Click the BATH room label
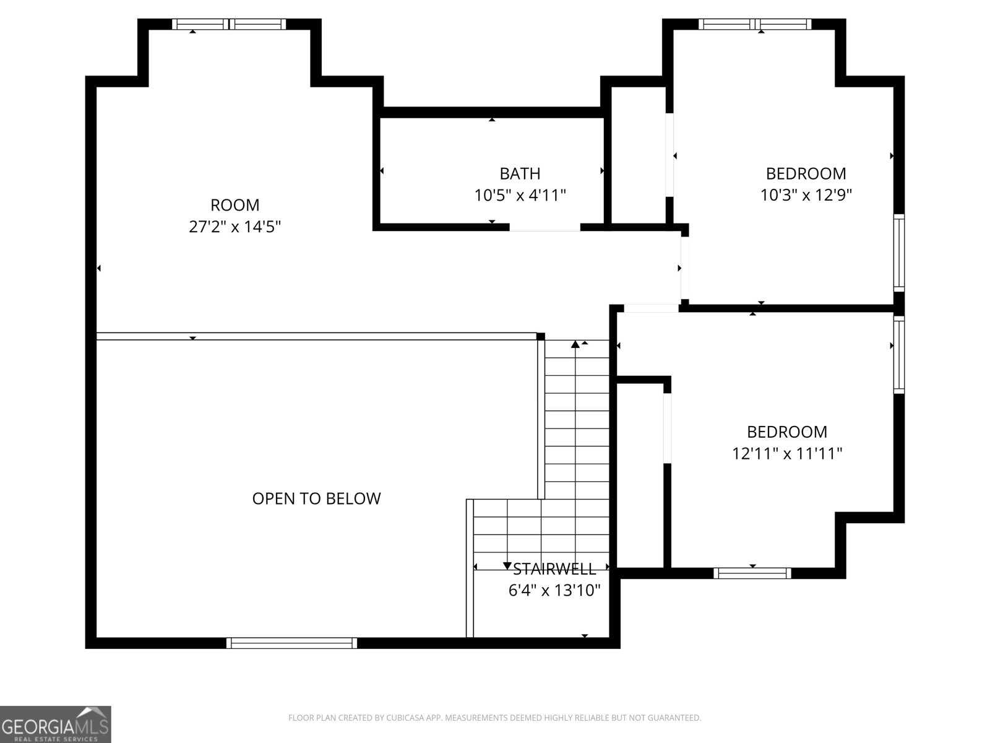click(520, 173)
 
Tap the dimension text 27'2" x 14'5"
click(235, 226)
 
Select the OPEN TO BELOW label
click(316, 498)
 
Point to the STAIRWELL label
click(554, 569)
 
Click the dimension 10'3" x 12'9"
click(806, 195)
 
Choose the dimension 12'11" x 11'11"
click(787, 453)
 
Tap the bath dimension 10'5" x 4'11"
click(520, 195)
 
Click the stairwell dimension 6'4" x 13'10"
click(554, 590)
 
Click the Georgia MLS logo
click(56, 724)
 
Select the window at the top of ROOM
click(229, 24)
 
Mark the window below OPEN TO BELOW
click(291, 643)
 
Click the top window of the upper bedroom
click(754, 24)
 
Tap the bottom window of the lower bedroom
click(752, 573)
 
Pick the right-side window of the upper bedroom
click(899, 253)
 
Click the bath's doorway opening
click(544, 227)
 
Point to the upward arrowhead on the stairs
click(575, 344)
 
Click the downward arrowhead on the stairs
click(507, 565)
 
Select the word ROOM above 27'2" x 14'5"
click(235, 206)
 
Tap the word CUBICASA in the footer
click(404, 717)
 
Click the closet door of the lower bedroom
click(667, 428)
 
